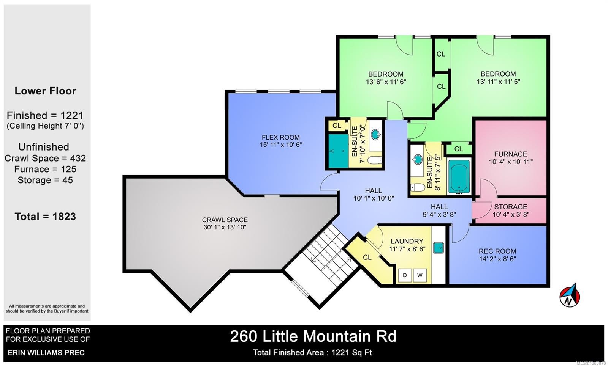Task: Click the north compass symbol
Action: [570, 296]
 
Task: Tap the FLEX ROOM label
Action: [281, 137]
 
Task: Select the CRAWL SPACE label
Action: [225, 220]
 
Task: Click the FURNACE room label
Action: [511, 154]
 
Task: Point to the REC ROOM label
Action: [497, 251]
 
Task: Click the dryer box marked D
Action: [405, 275]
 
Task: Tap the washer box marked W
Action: [420, 275]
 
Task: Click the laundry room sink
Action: [439, 248]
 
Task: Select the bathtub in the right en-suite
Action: [459, 176]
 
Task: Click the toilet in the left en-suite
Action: [375, 160]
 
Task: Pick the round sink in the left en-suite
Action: [375, 135]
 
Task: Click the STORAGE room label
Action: [511, 207]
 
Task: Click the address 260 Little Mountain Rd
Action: [313, 336]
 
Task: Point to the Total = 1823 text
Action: [45, 217]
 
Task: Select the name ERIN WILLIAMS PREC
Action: [46, 352]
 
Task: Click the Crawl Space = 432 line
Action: [45, 158]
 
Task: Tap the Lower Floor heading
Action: [45, 91]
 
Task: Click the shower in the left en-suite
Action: [339, 151]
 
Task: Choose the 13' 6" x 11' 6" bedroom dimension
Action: [386, 82]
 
